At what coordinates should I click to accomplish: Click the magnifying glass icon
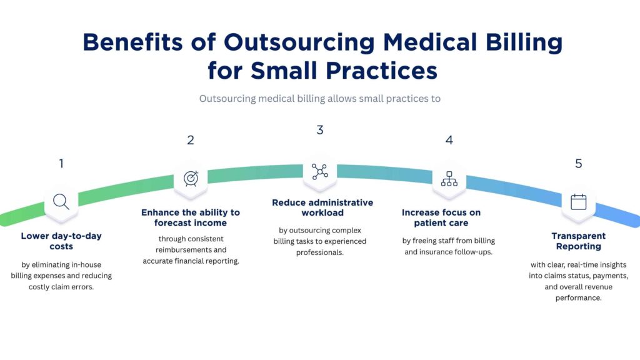61,201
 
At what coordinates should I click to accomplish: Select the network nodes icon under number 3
320,172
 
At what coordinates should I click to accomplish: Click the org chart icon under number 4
449,178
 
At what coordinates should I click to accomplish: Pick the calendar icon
579,202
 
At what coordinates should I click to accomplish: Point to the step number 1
61,164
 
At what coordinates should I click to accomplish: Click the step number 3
320,130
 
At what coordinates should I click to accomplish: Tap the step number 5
579,164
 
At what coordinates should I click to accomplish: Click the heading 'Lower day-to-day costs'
61,241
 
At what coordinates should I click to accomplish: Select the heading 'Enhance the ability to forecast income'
191,217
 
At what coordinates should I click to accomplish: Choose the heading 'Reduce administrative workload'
322,207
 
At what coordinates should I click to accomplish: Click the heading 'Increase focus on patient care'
441,217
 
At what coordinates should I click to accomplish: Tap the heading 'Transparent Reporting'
579,241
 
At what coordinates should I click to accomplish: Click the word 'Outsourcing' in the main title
299,42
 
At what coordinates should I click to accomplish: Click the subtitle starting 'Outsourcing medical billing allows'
320,99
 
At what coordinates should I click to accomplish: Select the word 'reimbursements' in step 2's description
191,250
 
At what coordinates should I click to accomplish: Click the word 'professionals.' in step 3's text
320,252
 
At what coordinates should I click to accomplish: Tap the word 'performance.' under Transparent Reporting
579,298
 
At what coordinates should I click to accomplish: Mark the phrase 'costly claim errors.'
61,287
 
